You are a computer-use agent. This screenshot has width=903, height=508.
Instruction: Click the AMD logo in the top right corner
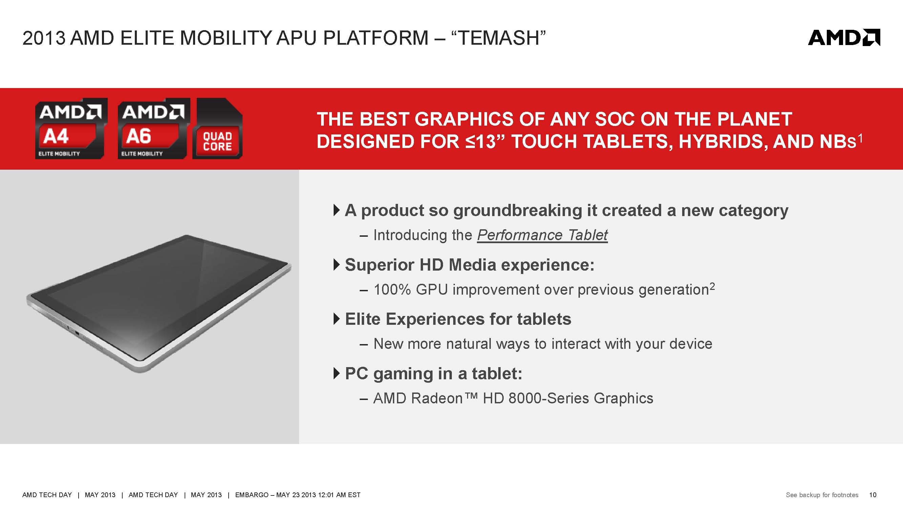click(x=844, y=38)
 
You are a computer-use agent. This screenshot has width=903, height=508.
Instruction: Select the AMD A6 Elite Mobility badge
click(x=154, y=128)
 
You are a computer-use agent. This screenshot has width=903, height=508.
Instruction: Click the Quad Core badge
click(x=217, y=129)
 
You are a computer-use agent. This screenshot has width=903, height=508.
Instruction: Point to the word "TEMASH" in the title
click(x=498, y=38)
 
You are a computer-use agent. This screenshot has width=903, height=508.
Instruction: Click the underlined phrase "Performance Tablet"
click(x=542, y=235)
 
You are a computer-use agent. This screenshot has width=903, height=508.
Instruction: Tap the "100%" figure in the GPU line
click(x=392, y=290)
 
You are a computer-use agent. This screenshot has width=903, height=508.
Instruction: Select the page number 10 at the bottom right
click(x=873, y=495)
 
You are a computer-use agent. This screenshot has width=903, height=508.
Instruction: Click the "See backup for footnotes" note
click(x=822, y=495)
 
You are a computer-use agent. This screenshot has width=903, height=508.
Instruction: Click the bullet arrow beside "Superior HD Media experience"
click(x=337, y=265)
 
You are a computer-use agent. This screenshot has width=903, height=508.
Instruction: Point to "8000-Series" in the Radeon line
click(x=549, y=398)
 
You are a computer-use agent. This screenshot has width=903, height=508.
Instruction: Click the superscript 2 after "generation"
click(x=712, y=287)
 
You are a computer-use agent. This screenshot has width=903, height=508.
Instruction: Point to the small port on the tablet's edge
click(x=77, y=332)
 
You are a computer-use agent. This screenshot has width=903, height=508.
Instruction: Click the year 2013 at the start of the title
click(x=44, y=38)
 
